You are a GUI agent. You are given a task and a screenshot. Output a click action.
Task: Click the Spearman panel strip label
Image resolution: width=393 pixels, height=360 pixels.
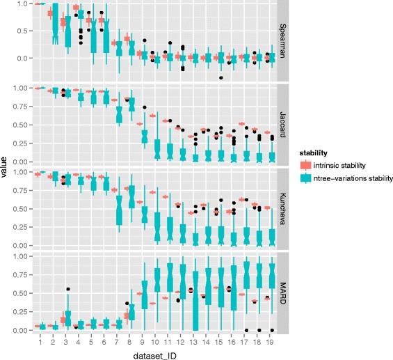click(x=284, y=40)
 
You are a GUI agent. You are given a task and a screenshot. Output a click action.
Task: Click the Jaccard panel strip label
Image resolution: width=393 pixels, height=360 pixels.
click(x=284, y=125)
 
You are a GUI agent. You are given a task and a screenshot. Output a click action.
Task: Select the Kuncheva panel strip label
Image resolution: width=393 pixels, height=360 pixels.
click(x=284, y=209)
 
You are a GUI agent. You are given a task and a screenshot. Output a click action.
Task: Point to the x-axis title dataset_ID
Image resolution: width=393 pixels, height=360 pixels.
click(x=152, y=354)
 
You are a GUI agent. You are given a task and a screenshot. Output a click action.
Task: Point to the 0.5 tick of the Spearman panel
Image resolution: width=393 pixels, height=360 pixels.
click(x=26, y=30)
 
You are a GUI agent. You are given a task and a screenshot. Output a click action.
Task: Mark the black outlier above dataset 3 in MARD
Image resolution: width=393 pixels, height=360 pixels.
click(x=68, y=289)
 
